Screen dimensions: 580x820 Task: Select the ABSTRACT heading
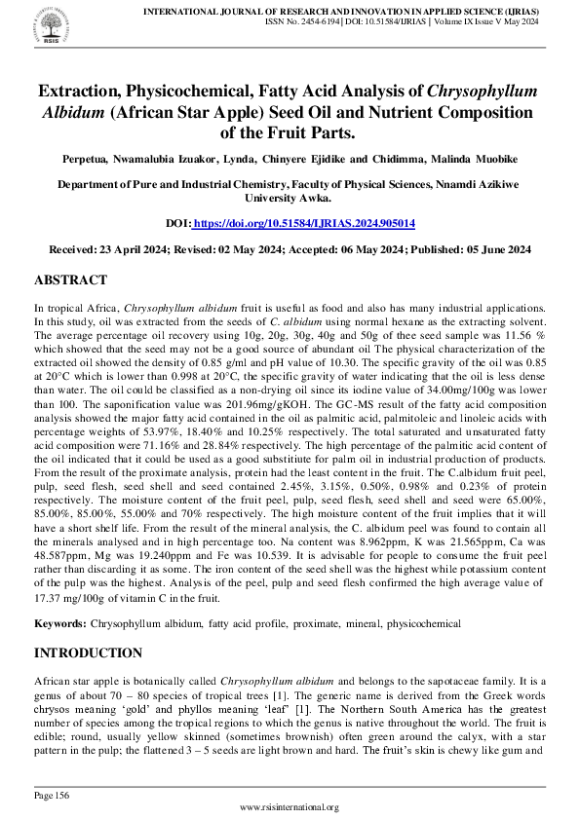70,280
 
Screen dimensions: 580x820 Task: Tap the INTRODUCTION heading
88,652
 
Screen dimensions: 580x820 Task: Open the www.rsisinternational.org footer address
290,807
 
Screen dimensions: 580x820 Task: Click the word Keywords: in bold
60,622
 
